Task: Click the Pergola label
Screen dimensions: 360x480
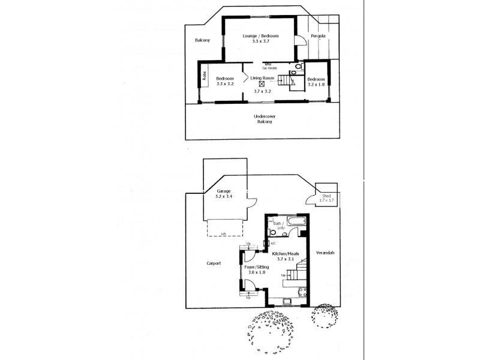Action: point(318,37)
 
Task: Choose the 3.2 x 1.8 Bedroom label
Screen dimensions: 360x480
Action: point(316,84)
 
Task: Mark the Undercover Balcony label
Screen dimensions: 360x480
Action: point(263,119)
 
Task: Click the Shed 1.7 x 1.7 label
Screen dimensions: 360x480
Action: point(326,198)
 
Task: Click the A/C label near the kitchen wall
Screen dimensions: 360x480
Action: point(272,244)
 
